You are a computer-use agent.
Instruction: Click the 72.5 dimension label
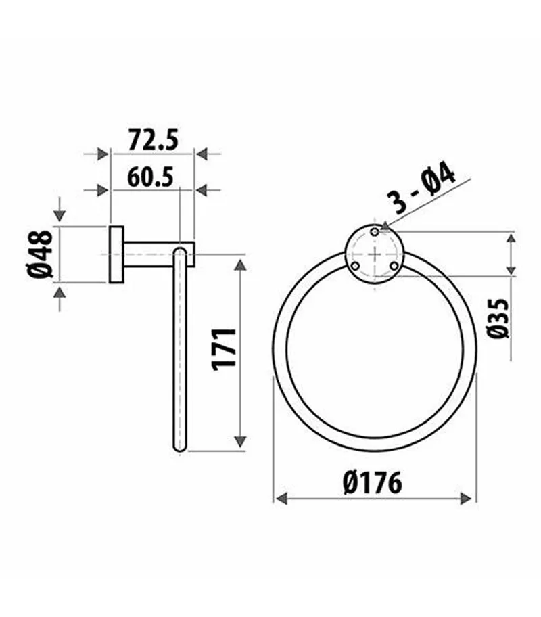coord(152,141)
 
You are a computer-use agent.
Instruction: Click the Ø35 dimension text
coord(499,319)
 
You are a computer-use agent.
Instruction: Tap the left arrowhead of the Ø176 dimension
coord(279,499)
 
